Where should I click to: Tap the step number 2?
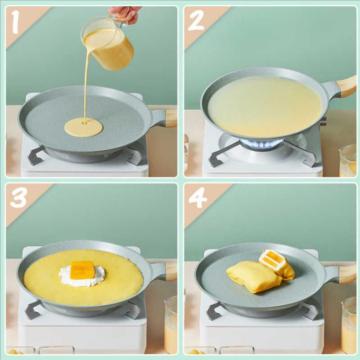tap(196, 21)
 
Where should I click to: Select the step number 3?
tap(18, 198)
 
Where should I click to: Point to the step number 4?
tap(198, 198)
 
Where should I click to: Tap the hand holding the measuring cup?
tap(125, 13)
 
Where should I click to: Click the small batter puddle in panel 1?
tap(84, 127)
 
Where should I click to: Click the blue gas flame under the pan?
tap(261, 144)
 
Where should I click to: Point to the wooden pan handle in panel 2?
tap(346, 86)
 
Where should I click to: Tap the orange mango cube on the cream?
tap(82, 270)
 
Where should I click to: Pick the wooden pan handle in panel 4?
tap(347, 274)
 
